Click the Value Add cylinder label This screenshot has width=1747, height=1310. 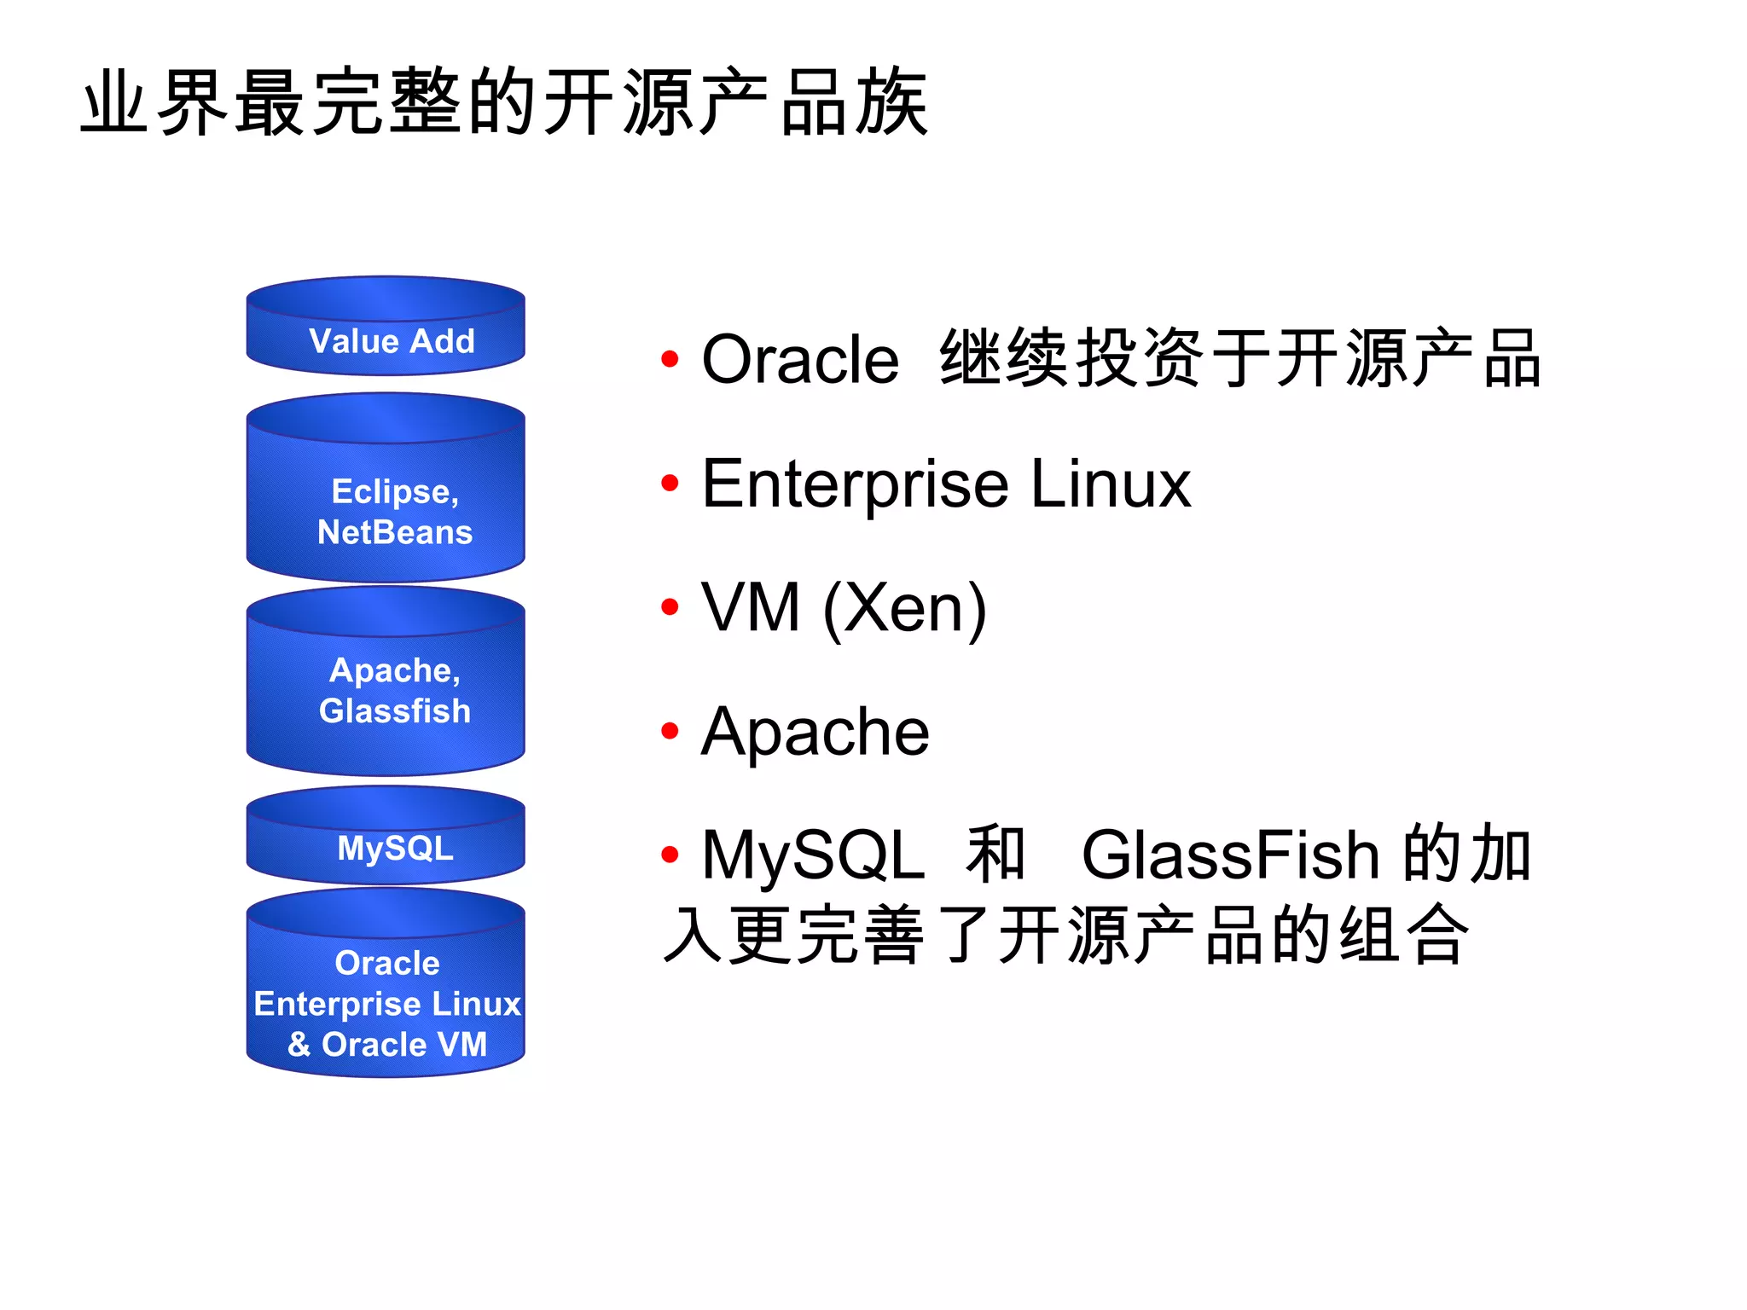pyautogui.click(x=392, y=341)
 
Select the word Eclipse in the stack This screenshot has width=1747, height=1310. pyautogui.click(x=392, y=491)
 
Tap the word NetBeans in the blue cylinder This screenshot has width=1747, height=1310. pyautogui.click(x=394, y=532)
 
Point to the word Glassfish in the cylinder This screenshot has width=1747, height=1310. pyautogui.click(x=394, y=710)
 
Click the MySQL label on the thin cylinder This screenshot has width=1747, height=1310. pyautogui.click(x=395, y=848)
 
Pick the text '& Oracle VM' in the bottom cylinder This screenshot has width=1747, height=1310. pyautogui.click(x=387, y=1044)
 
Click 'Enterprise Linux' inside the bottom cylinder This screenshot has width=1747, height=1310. pyautogui.click(x=387, y=1004)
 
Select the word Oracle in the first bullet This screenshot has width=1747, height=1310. pyautogui.click(x=799, y=360)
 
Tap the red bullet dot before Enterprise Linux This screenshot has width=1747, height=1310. pyautogui.click(x=670, y=483)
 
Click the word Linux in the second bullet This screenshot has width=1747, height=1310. pyautogui.click(x=1110, y=484)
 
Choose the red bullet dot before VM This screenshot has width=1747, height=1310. pyautogui.click(x=670, y=607)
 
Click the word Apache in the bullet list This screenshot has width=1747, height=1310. pyautogui.click(x=815, y=732)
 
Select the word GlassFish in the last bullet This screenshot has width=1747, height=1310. pyautogui.click(x=1230, y=855)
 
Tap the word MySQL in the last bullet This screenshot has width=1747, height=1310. pyautogui.click(x=812, y=855)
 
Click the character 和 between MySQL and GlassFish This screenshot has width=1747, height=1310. pyautogui.click(x=995, y=853)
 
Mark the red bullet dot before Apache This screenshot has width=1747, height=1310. pyautogui.click(x=670, y=731)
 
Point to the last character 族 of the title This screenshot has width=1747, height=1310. pyautogui.click(x=891, y=102)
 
